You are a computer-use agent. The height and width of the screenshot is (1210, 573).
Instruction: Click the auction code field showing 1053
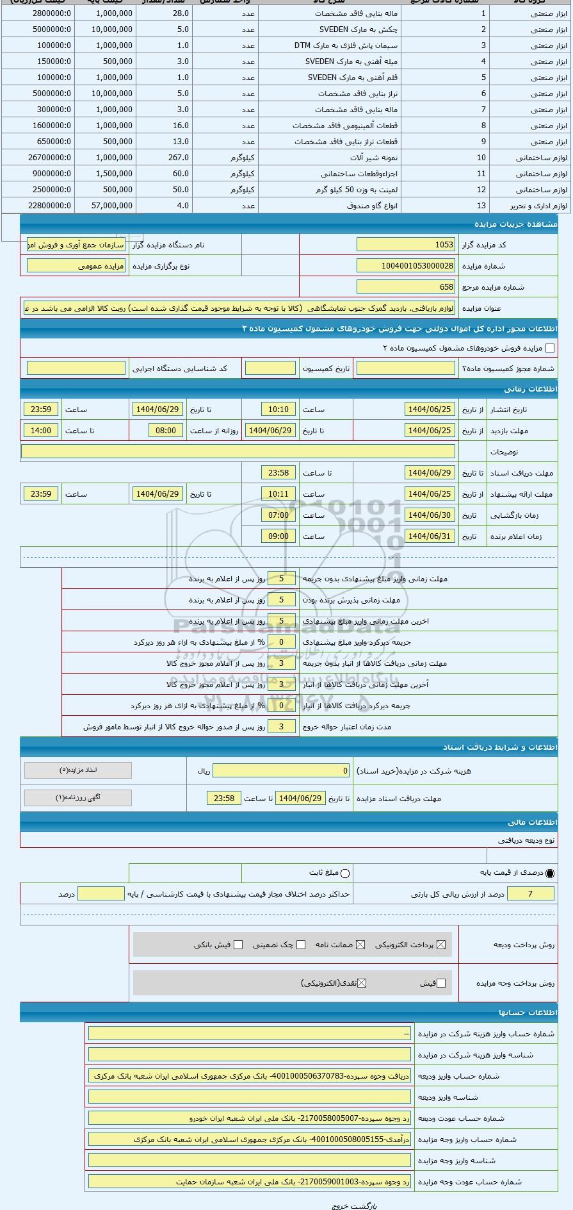(406, 245)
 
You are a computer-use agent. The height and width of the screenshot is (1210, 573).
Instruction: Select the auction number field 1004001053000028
(406, 266)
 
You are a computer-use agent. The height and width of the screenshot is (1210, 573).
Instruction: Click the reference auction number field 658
(406, 287)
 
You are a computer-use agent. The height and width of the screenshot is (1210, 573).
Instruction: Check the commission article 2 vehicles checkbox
(549, 348)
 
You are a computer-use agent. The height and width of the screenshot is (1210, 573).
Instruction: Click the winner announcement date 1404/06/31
(430, 536)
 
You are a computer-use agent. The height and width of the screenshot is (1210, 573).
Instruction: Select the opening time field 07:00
(278, 515)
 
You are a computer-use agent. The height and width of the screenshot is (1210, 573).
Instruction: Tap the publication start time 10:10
(278, 410)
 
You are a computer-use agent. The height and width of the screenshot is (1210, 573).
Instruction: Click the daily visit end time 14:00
(41, 431)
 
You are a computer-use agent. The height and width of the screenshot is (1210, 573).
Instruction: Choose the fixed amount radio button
(346, 873)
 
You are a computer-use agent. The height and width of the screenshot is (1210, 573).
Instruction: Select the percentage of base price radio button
(550, 873)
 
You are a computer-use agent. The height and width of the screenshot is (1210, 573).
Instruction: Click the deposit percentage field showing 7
(530, 894)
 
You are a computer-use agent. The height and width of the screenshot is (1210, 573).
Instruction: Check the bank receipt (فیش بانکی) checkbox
(238, 945)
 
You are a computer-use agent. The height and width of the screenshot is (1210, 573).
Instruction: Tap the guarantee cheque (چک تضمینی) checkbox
(301, 945)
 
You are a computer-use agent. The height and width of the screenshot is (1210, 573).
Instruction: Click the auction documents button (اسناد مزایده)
(78, 770)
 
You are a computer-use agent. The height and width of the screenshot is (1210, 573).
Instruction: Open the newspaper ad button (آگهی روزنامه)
(78, 798)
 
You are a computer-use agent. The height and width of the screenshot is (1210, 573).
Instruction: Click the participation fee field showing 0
(282, 771)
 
